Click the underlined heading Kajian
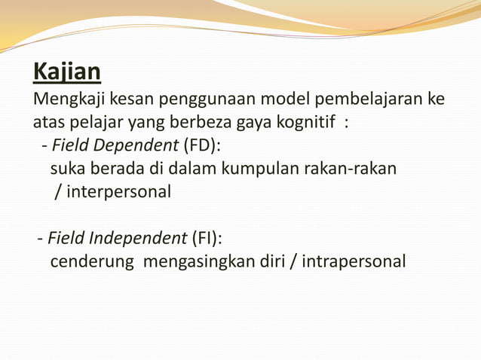(x=66, y=72)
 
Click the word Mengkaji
(x=69, y=100)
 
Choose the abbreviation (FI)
(x=206, y=239)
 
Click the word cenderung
(x=91, y=261)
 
